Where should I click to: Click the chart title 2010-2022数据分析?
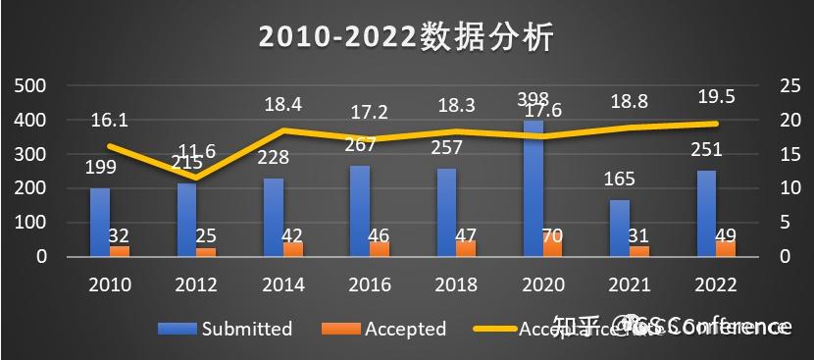click(x=407, y=36)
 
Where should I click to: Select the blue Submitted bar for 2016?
click(x=360, y=211)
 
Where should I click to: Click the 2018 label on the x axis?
click(x=456, y=284)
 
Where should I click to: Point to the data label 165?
click(x=620, y=180)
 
